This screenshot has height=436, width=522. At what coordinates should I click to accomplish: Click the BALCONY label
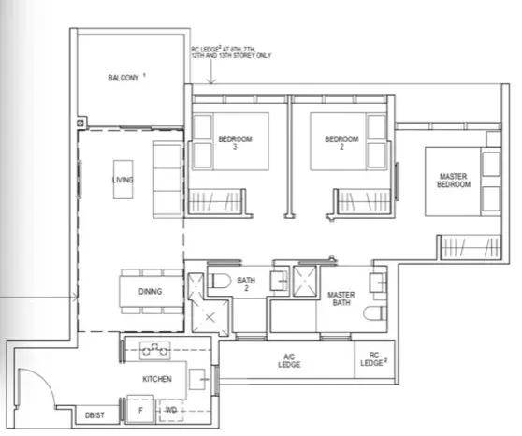123,78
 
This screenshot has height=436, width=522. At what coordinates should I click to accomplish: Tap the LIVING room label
123,180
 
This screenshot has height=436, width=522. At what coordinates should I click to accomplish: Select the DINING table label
150,291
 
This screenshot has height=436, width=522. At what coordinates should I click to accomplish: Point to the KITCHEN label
157,379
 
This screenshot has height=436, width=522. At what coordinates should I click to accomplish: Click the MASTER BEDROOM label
454,181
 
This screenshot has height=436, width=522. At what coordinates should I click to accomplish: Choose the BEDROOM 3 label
235,142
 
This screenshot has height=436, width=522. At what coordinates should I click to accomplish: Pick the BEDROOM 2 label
341,142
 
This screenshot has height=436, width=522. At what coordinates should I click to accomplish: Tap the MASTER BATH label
341,298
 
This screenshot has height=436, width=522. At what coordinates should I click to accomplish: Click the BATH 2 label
246,283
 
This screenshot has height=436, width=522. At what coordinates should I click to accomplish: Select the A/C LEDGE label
289,361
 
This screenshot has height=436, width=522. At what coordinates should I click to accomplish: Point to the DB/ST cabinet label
94,415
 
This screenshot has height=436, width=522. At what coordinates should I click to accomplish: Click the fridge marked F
140,410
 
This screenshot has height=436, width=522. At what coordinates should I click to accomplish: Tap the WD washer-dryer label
171,410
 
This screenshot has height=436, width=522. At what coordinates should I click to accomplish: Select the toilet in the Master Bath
375,313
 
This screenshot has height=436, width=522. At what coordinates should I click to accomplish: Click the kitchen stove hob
154,350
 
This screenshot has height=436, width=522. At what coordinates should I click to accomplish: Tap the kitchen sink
199,379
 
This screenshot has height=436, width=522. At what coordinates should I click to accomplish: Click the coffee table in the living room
123,180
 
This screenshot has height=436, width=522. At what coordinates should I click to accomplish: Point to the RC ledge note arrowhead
211,81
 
